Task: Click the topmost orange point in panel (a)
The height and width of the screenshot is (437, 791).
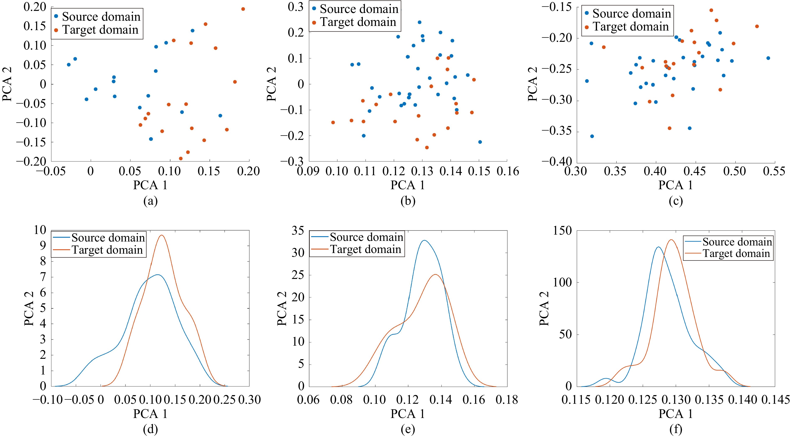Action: (243, 9)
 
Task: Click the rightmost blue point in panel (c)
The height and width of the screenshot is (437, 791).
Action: (768, 58)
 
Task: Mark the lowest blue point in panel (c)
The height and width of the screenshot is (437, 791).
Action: (592, 136)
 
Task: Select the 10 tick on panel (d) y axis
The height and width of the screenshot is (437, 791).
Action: (39, 230)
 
